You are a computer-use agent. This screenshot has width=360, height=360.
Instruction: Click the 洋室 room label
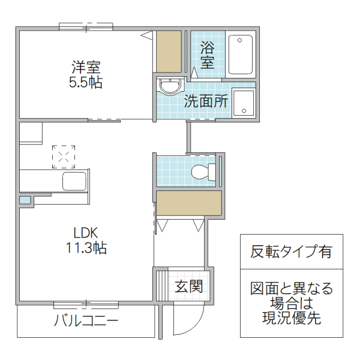(85, 67)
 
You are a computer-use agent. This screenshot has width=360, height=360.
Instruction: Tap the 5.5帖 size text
(85, 82)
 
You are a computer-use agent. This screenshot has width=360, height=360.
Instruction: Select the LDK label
(86, 232)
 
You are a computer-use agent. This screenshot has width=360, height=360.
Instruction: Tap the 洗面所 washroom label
(206, 101)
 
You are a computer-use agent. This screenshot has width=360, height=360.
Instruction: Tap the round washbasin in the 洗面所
(169, 88)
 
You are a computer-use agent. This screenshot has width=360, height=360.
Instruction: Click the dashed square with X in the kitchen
(64, 156)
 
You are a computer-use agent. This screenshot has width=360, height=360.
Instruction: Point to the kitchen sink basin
(75, 181)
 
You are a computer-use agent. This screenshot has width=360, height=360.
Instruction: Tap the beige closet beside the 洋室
(169, 52)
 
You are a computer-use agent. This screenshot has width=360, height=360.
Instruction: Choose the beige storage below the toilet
(189, 203)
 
